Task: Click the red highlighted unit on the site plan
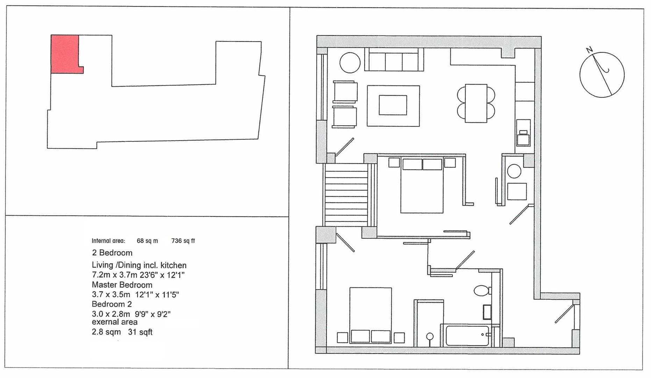[65, 54]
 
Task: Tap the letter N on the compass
[589, 50]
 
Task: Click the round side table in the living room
[350, 63]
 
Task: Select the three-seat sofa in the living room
[394, 60]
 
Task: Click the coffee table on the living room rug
[393, 105]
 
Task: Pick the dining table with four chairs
[476, 103]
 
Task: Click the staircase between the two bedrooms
[346, 195]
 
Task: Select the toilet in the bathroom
[482, 290]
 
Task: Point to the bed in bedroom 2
[371, 315]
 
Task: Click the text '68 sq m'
[147, 241]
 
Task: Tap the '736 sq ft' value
[183, 241]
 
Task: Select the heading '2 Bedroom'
[112, 253]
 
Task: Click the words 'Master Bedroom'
[122, 285]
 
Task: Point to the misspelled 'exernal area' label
[115, 322]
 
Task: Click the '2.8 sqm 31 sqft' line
[122, 332]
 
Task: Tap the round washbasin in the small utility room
[514, 172]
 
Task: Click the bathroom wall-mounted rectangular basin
[487, 312]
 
